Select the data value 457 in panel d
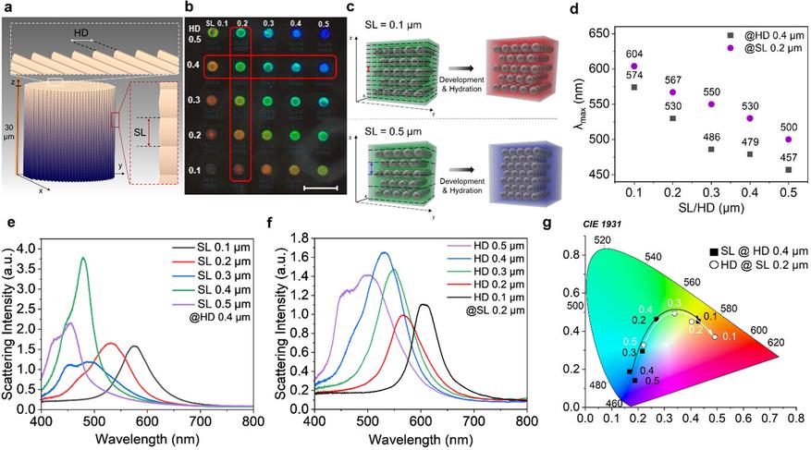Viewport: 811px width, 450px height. [788, 156]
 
